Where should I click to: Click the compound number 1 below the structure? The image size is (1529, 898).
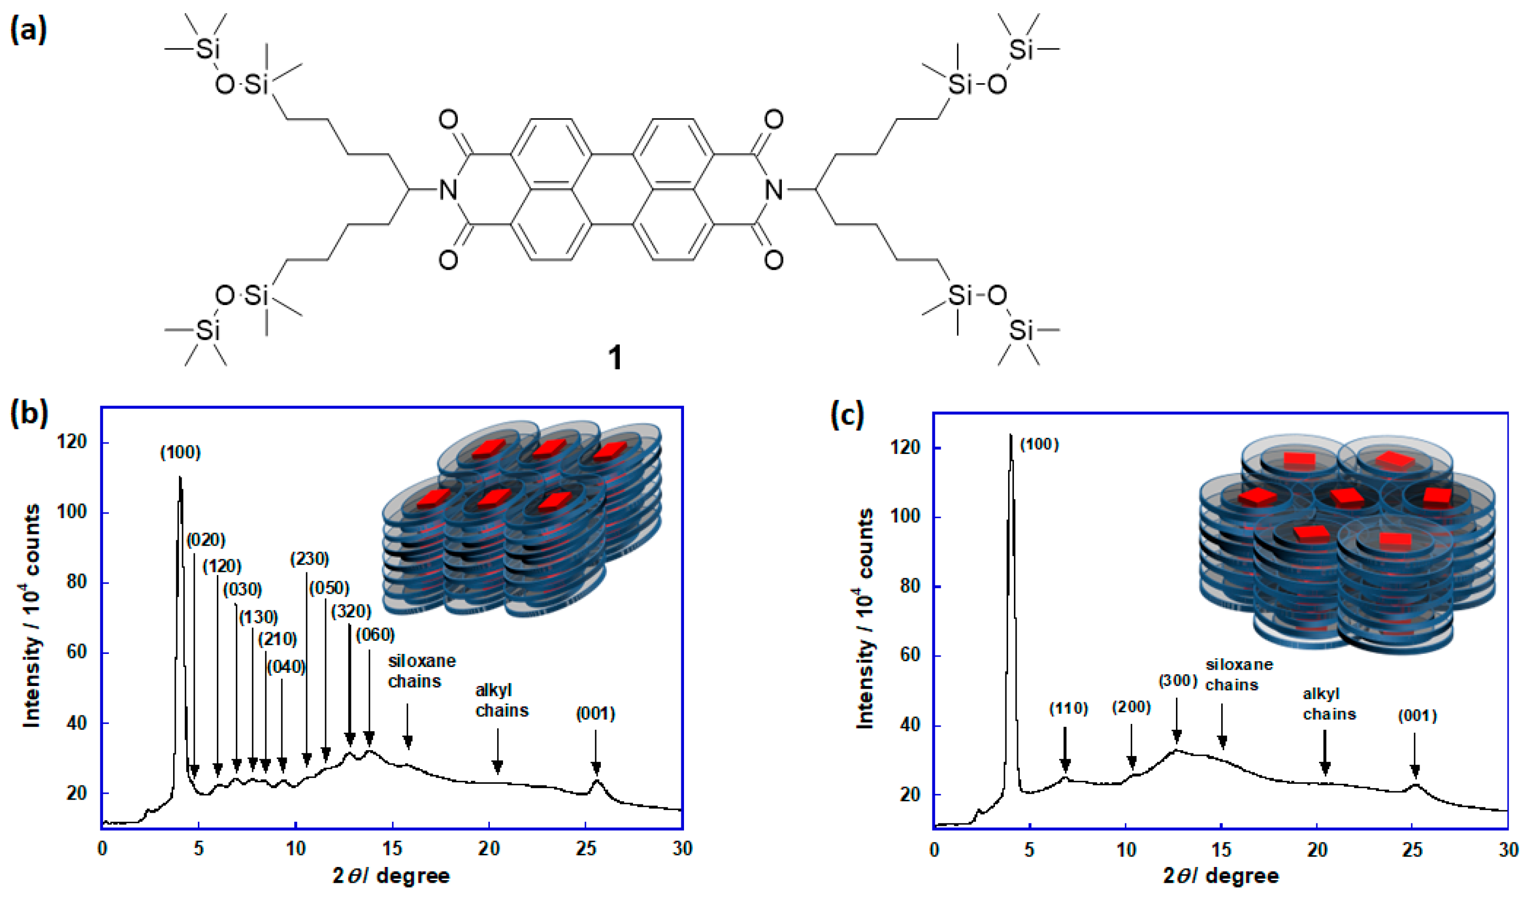pyautogui.click(x=615, y=357)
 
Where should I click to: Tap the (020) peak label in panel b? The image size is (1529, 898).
pyautogui.click(x=206, y=539)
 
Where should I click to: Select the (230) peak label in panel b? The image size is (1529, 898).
pyautogui.click(x=309, y=558)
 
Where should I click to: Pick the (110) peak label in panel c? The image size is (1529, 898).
pyautogui.click(x=1069, y=708)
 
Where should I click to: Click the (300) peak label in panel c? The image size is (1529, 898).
pyautogui.click(x=1178, y=681)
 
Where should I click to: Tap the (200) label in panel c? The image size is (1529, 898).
pyautogui.click(x=1131, y=707)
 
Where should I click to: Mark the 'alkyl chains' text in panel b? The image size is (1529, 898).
pyautogui.click(x=502, y=700)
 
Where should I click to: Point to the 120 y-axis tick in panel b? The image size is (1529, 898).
pyautogui.click(x=75, y=442)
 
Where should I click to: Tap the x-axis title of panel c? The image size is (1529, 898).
pyautogui.click(x=1220, y=875)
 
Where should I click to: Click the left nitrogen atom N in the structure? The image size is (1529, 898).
pyautogui.click(x=448, y=190)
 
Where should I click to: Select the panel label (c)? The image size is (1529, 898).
pyautogui.click(x=847, y=416)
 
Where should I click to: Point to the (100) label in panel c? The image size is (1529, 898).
pyautogui.click(x=1039, y=445)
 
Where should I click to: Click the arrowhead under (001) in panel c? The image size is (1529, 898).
pyautogui.click(x=1414, y=772)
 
